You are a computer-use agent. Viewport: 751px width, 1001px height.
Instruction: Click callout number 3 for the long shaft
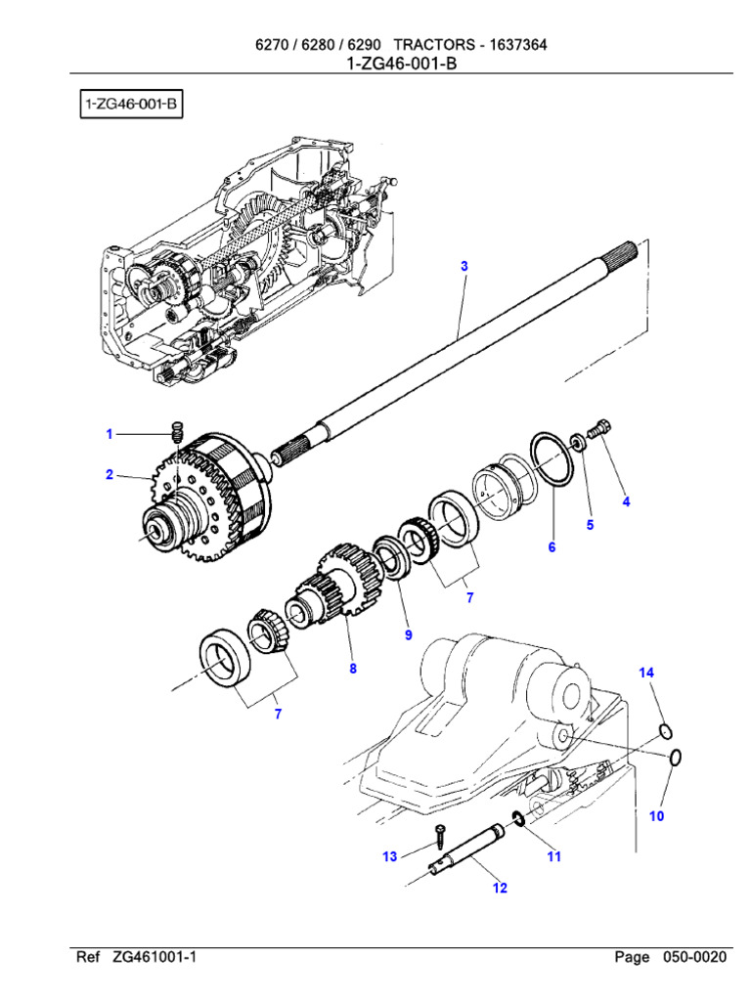tap(464, 266)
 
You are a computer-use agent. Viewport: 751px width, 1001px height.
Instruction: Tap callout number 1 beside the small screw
tap(110, 434)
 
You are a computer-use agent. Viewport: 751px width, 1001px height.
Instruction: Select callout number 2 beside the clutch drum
tap(110, 475)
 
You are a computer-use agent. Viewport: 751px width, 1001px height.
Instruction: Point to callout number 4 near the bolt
tap(626, 501)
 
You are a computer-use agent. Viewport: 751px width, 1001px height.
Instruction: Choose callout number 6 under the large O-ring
tap(552, 547)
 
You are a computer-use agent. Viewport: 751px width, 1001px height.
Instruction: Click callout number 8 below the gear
tap(353, 669)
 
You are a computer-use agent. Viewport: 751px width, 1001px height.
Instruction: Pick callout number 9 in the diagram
tap(409, 635)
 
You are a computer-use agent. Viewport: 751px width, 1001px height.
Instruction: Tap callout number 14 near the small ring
tap(646, 673)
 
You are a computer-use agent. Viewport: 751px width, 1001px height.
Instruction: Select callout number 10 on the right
tap(656, 815)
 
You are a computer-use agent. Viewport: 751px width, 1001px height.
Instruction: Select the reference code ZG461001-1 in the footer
tap(155, 957)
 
